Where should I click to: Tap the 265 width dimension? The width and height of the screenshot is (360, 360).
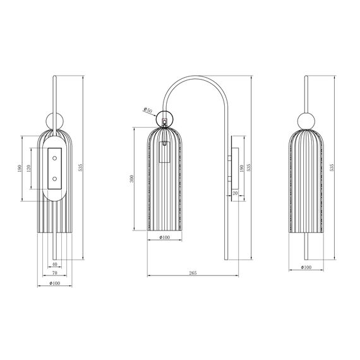pyautogui.click(x=193, y=272)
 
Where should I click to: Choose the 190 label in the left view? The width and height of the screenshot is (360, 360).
pyautogui.click(x=20, y=169)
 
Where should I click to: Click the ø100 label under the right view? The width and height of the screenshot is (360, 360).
pyautogui.click(x=306, y=268)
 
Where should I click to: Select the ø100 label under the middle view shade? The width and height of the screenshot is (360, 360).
pyautogui.click(x=164, y=237)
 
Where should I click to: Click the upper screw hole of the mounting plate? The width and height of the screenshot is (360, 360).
pyautogui.click(x=54, y=153)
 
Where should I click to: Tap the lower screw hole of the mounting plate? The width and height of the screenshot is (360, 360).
pyautogui.click(x=54, y=179)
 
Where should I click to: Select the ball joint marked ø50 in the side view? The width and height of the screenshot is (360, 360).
pyautogui.click(x=164, y=118)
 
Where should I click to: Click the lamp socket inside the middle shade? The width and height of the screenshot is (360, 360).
pyautogui.click(x=165, y=152)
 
